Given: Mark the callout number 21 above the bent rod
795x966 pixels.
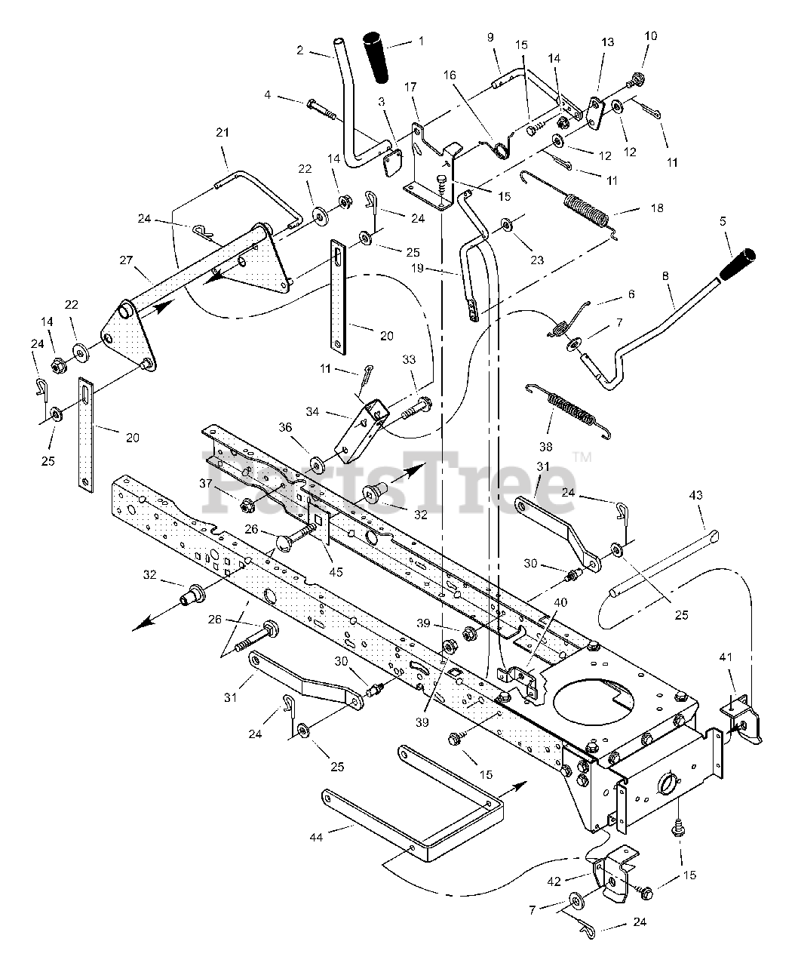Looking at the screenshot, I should click(222, 133).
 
